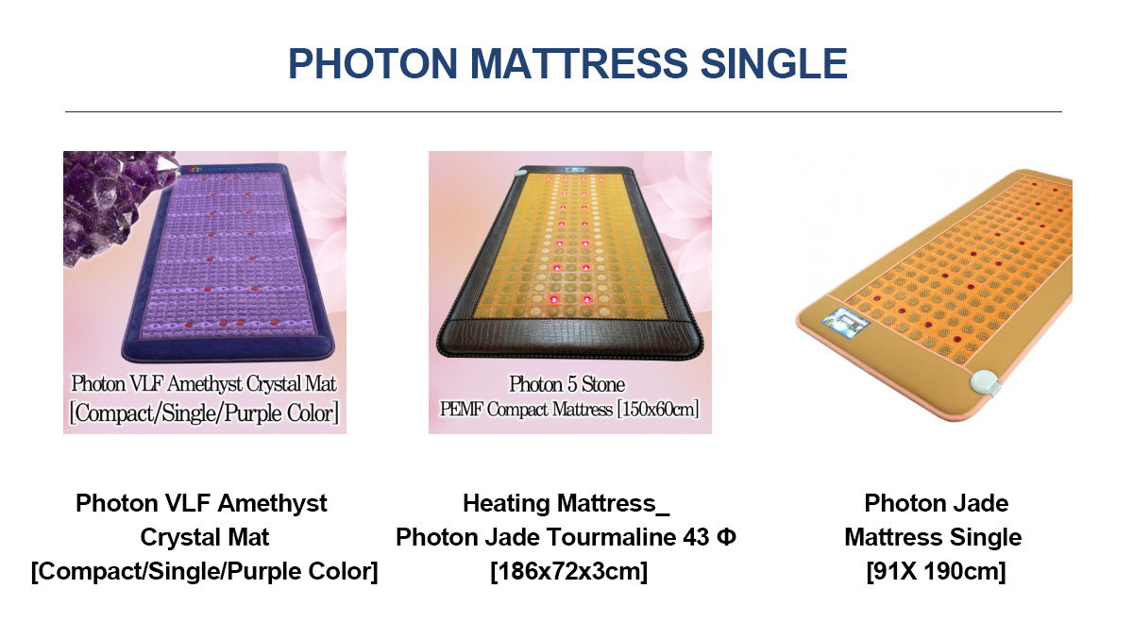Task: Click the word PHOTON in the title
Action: [373, 63]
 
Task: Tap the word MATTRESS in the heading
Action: [578, 63]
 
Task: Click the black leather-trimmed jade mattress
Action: [569, 261]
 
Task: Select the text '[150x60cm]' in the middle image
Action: [657, 409]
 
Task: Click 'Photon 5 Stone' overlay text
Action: [566, 384]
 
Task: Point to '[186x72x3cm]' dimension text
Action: [568, 572]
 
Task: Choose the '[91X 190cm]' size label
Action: [936, 572]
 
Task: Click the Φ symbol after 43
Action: [726, 537]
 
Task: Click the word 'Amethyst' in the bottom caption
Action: [272, 504]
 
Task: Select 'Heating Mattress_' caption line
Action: [566, 504]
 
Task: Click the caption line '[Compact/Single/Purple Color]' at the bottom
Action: [204, 572]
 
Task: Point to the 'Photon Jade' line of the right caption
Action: [936, 503]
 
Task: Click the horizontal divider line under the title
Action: [564, 111]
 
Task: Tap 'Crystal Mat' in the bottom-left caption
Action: [204, 537]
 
